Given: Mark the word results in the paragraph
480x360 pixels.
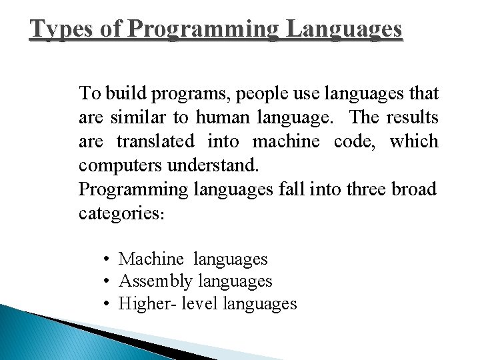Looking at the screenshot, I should [x=412, y=117].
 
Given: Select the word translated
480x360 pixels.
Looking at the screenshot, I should [x=155, y=141].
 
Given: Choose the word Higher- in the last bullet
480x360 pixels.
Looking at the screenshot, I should [x=146, y=304].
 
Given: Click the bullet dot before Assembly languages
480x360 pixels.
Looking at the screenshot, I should [x=107, y=281].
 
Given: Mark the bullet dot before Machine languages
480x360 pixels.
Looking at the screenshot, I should [x=107, y=259].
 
